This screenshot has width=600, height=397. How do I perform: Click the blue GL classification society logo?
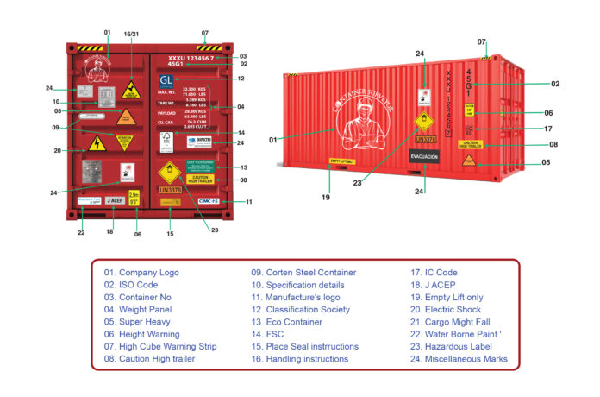(166, 82)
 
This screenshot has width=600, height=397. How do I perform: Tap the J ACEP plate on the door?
(115, 201)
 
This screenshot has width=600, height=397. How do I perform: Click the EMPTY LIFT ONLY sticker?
(342, 161)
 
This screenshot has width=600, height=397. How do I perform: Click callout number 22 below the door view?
(81, 233)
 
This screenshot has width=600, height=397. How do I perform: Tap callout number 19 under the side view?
(326, 198)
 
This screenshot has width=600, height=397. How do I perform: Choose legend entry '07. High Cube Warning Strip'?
(160, 346)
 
